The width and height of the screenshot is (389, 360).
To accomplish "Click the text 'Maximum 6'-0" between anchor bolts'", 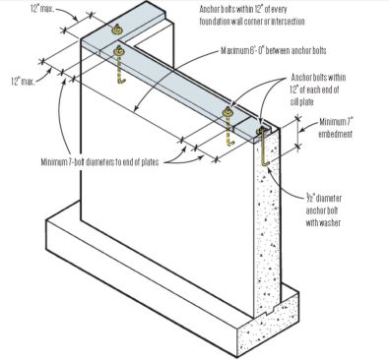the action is [x=274, y=51].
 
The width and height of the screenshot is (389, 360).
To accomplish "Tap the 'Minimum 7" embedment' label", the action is [x=336, y=128].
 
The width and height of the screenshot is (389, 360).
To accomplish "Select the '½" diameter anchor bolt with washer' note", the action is [x=324, y=210].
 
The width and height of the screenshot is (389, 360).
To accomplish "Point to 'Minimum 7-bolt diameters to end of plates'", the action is [x=99, y=162].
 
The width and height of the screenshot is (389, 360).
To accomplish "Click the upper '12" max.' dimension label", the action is [x=43, y=9].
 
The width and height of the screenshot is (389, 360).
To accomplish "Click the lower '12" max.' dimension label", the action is [x=23, y=81].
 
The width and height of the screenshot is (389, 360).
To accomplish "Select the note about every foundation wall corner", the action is [x=252, y=16].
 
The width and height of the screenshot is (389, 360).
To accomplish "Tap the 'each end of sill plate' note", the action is [x=318, y=90].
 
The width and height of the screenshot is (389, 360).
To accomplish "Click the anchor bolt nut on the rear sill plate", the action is [x=116, y=30].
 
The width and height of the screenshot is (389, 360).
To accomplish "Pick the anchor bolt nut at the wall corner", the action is [x=118, y=51].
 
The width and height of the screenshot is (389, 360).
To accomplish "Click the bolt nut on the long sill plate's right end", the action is [x=227, y=112].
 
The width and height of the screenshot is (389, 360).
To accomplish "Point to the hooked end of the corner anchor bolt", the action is [x=121, y=81].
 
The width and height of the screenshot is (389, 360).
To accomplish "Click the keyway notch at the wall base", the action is [x=272, y=309].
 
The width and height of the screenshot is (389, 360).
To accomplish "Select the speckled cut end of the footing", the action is [x=268, y=325].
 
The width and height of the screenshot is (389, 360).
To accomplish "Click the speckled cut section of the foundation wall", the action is [x=268, y=223].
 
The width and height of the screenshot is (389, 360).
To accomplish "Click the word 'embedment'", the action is [x=335, y=134].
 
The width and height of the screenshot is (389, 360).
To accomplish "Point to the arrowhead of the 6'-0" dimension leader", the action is [x=136, y=109].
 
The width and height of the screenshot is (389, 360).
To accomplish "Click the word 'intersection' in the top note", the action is [x=288, y=22].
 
